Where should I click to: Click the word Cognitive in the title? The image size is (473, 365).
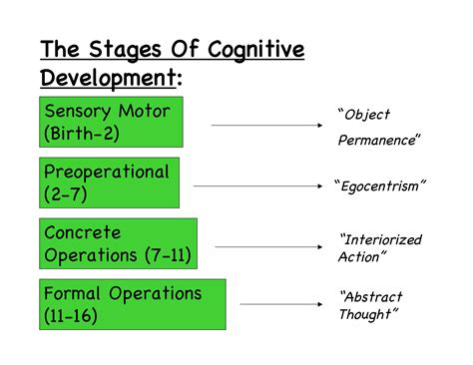click(256, 50)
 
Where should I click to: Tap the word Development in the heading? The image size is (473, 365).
click(102, 77)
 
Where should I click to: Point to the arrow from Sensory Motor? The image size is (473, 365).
click(269, 126)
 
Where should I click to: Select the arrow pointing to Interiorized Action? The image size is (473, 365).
click(270, 246)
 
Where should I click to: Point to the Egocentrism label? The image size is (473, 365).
click(381, 184)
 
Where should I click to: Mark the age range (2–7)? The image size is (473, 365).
click(66, 195)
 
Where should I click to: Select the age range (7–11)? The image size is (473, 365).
click(167, 256)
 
